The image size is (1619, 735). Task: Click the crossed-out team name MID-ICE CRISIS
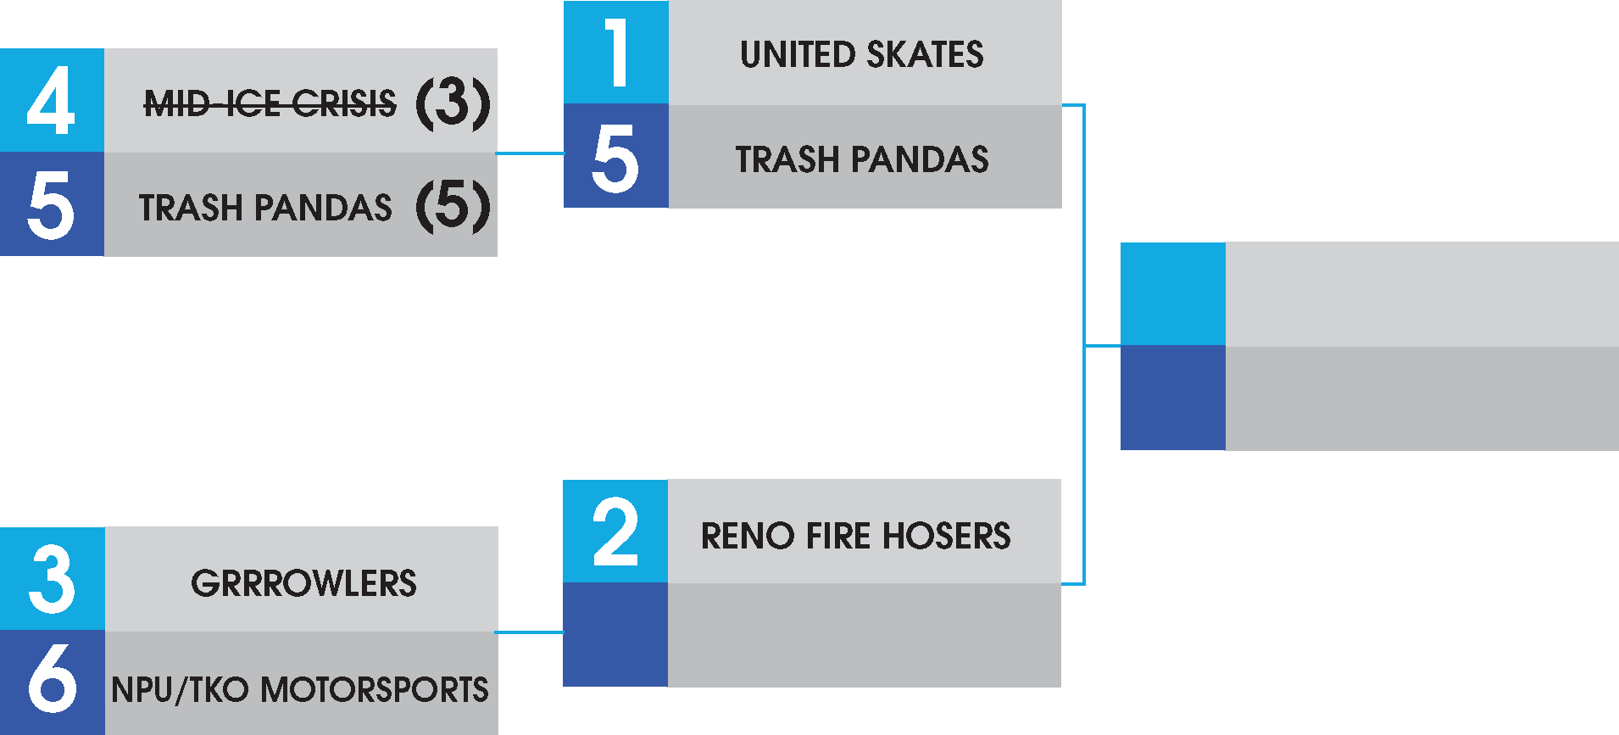270,104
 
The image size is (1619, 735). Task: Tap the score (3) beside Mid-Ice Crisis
453,103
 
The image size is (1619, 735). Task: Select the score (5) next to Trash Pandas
453,205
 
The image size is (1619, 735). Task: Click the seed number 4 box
52,101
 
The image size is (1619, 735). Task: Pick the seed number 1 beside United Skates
616,53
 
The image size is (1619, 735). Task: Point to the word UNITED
798,55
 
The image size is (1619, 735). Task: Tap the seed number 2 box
615,532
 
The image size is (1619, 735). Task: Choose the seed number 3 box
52,579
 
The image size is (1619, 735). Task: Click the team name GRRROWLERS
303,583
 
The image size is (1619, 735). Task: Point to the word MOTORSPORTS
374,689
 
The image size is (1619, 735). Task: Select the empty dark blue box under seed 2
615,635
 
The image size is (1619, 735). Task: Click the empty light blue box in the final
1173,294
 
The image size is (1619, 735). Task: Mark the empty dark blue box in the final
1173,398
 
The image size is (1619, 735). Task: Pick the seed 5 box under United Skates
616,157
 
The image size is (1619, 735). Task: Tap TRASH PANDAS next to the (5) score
265,208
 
